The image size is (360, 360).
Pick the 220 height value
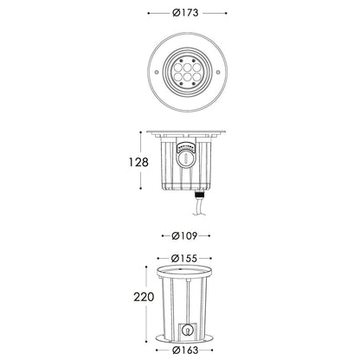[x=144, y=297]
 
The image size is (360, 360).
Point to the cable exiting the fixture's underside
[x=198, y=209]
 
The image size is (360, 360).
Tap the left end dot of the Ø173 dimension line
[x=148, y=13]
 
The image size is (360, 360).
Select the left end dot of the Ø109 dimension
[x=163, y=235]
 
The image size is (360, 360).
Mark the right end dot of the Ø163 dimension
[x=222, y=350]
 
